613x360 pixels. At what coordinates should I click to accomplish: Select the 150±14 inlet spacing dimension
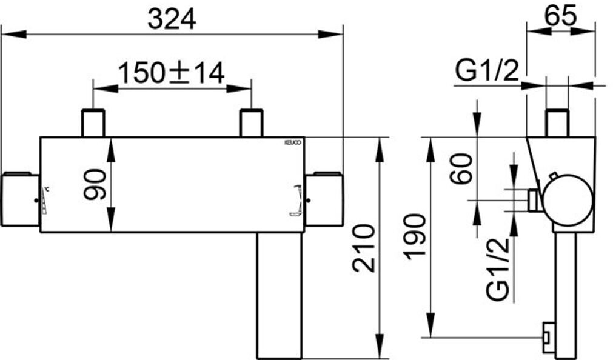pos(172,73)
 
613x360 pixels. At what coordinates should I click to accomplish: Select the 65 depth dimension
pos(560,16)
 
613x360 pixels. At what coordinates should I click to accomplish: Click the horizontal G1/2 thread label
pos(487,72)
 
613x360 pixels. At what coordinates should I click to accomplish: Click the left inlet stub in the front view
pos(93,123)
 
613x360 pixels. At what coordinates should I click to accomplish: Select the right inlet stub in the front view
pos(251,123)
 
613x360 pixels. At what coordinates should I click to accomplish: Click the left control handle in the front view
pos(21,200)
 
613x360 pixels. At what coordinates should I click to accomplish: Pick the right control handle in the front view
pos(324,200)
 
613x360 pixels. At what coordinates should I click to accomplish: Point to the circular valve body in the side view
pos(568,202)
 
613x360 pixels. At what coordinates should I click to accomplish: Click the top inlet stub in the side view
pos(557,122)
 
